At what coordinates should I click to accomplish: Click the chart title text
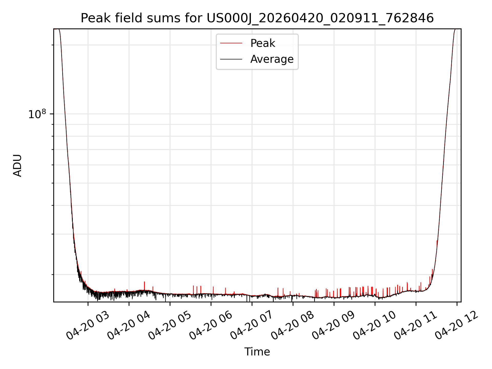(257, 18)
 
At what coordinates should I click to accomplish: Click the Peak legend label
(263, 43)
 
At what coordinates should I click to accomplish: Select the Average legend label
(272, 59)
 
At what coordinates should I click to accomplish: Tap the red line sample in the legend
(231, 43)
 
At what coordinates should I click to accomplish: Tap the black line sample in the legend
(231, 59)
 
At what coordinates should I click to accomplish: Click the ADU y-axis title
(17, 166)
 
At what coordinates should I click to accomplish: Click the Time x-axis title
(257, 352)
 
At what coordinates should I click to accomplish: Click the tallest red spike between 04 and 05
(144, 286)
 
